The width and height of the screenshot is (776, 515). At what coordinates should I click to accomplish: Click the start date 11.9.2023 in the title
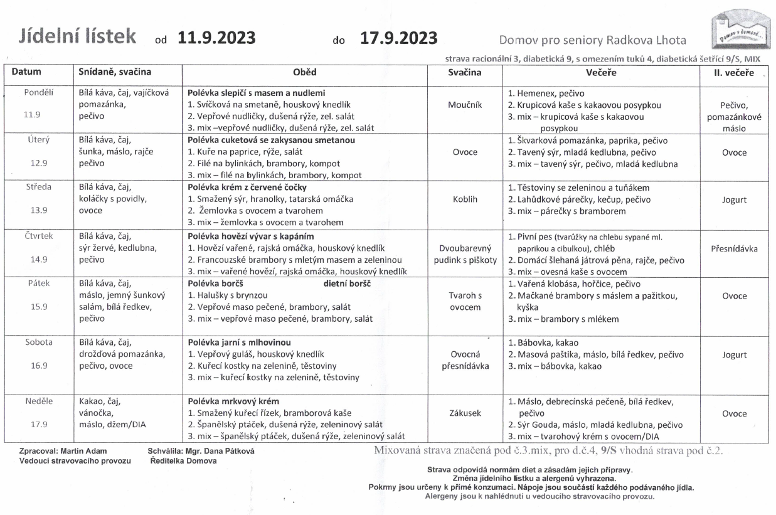coord(216,39)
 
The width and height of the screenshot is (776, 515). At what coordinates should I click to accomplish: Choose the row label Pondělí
coord(38,92)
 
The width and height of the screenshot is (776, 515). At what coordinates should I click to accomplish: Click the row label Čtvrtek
coord(38,236)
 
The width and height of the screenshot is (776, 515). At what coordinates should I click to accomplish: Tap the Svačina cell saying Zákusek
coord(465,413)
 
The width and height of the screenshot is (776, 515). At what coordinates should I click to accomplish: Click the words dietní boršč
coord(348,284)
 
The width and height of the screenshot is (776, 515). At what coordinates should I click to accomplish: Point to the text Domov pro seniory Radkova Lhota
coord(592,41)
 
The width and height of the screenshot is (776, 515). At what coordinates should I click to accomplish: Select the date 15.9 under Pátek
coord(38,307)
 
